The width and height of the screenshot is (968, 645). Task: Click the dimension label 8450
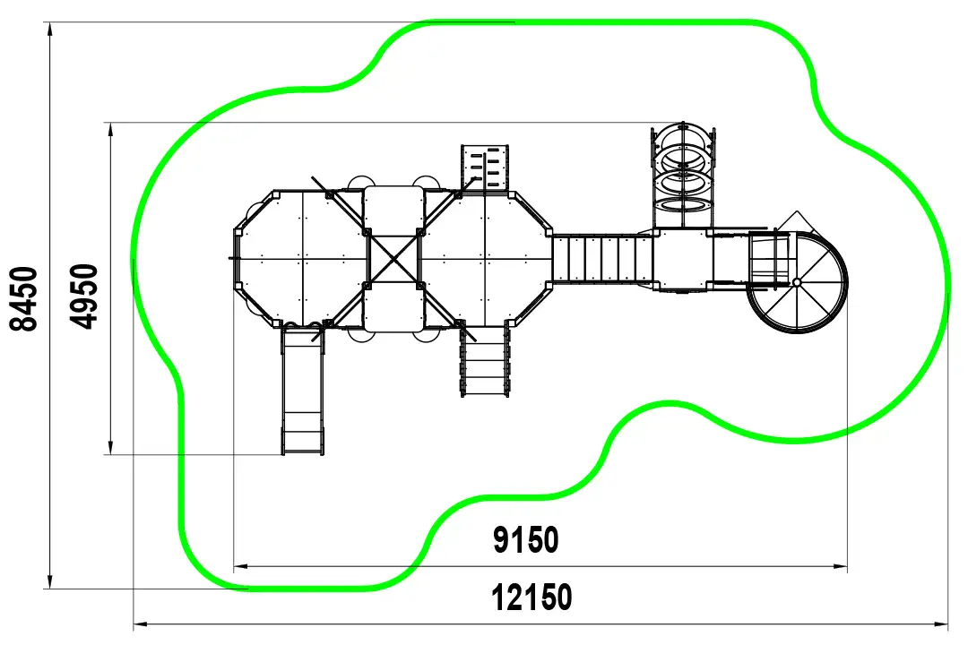pyautogui.click(x=25, y=298)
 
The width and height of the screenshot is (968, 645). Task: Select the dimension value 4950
pyautogui.click(x=84, y=297)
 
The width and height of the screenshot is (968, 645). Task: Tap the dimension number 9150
pyautogui.click(x=526, y=540)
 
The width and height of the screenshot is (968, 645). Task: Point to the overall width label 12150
pyautogui.click(x=532, y=598)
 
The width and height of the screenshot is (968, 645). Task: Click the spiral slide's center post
pyautogui.click(x=797, y=282)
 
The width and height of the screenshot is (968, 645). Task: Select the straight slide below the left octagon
pyautogui.click(x=303, y=390)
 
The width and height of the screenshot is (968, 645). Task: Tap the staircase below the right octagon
pyautogui.click(x=485, y=360)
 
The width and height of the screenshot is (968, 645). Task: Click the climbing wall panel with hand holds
pyautogui.click(x=485, y=168)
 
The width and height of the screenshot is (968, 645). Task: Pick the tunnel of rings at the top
pyautogui.click(x=683, y=176)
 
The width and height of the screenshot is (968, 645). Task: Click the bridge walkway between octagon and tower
pyautogui.click(x=602, y=258)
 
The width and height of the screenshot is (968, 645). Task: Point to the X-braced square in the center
pyautogui.click(x=393, y=259)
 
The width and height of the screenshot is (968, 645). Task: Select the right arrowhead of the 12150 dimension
pyautogui.click(x=941, y=624)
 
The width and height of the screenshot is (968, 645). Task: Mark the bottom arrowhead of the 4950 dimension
pyautogui.click(x=110, y=448)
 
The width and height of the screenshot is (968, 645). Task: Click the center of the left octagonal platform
pyautogui.click(x=303, y=259)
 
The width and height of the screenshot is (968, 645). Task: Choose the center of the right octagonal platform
pyautogui.click(x=485, y=259)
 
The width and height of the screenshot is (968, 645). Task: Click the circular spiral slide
pyautogui.click(x=798, y=281)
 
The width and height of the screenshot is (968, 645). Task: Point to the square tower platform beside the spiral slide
pyautogui.click(x=683, y=259)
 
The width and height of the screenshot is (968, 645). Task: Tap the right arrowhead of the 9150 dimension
pyautogui.click(x=840, y=565)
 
